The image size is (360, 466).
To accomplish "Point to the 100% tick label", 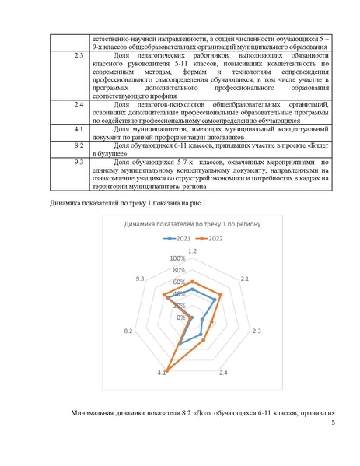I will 178,258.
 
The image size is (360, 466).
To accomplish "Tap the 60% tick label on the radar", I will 180,282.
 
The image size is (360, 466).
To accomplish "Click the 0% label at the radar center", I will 181,317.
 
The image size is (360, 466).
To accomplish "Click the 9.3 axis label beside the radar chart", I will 139,278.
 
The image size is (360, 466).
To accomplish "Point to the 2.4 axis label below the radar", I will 223,374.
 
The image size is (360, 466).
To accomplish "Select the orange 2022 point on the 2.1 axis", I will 221,295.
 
